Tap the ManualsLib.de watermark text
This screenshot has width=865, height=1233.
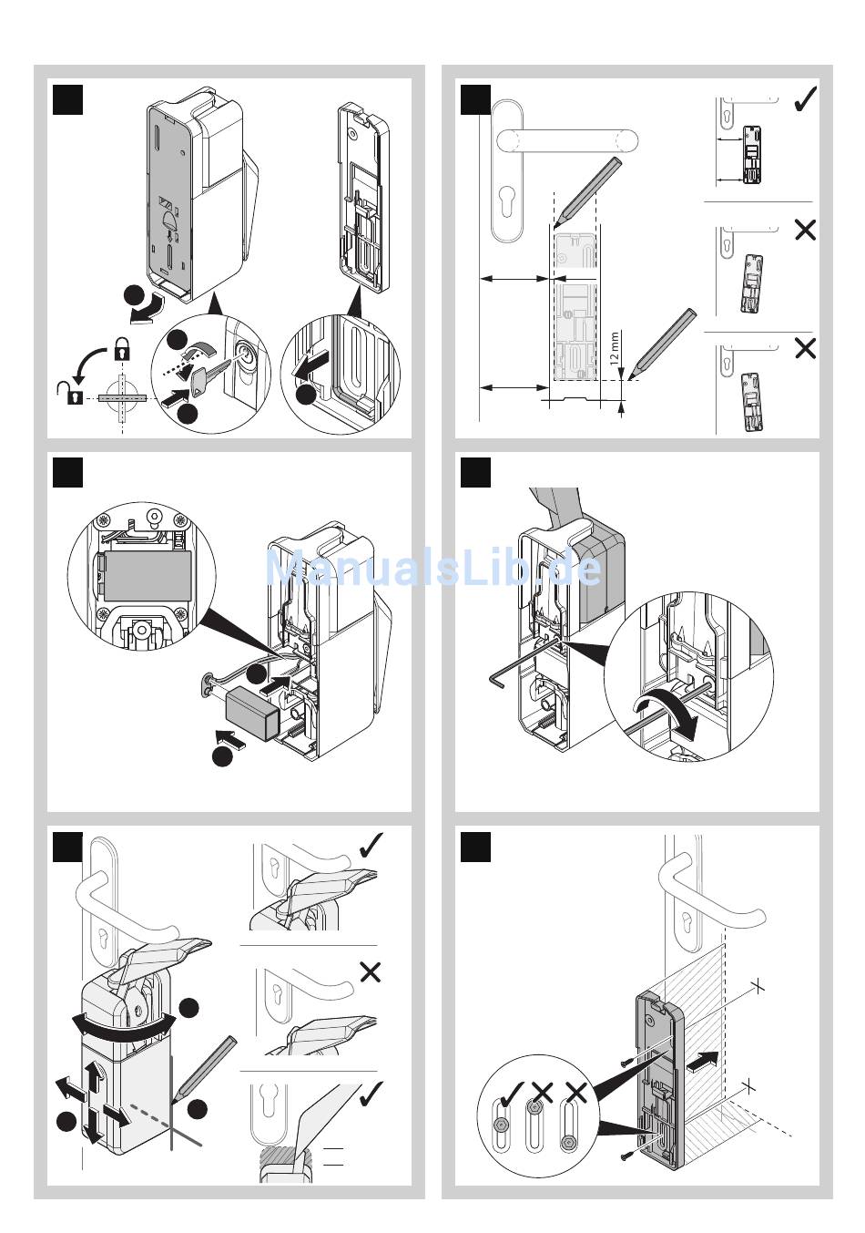tap(433, 568)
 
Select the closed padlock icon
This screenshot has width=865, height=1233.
tap(121, 347)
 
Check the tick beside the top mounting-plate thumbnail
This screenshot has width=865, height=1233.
tap(805, 99)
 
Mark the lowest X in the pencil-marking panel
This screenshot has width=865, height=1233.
tap(805, 348)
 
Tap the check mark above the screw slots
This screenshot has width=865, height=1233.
tap(511, 1092)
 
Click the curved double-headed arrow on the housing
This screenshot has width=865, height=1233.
tap(124, 1024)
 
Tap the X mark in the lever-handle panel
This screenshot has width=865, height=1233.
tap(371, 972)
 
